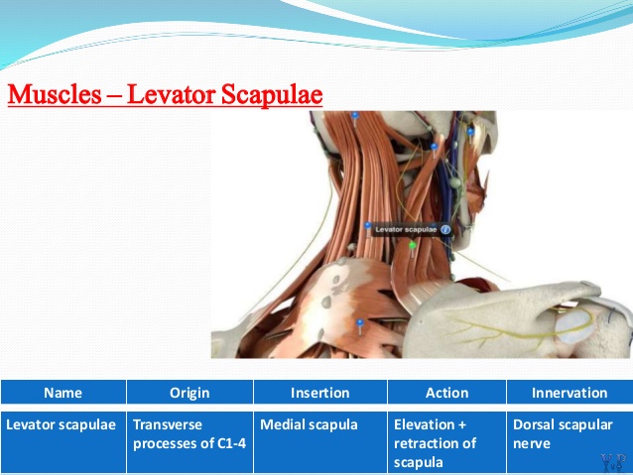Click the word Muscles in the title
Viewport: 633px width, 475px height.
pos(55,94)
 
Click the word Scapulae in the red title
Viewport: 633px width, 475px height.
pos(272,95)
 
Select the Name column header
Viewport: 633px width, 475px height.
pos(63,393)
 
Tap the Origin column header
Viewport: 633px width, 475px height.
pos(190,393)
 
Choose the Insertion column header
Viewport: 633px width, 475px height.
pos(320,393)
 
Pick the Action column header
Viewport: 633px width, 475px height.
pos(446,393)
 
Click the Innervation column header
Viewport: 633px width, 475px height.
pos(570,393)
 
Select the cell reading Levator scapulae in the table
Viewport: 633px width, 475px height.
pos(63,442)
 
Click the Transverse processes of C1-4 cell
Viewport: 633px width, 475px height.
pos(190,442)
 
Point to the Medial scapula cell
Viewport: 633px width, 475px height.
pos(320,442)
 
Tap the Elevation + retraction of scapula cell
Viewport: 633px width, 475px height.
pos(446,442)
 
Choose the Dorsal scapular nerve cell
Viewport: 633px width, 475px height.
pos(570,442)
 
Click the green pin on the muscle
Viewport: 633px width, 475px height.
pos(412,245)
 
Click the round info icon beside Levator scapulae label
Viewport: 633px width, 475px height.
pos(445,230)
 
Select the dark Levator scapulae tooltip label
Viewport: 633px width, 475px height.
pos(411,230)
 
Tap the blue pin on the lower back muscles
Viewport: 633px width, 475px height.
pos(360,322)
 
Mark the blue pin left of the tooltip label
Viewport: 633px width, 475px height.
pos(367,225)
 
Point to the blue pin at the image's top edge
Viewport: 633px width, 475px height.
pos(355,116)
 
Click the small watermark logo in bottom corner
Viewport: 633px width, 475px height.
pos(613,463)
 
